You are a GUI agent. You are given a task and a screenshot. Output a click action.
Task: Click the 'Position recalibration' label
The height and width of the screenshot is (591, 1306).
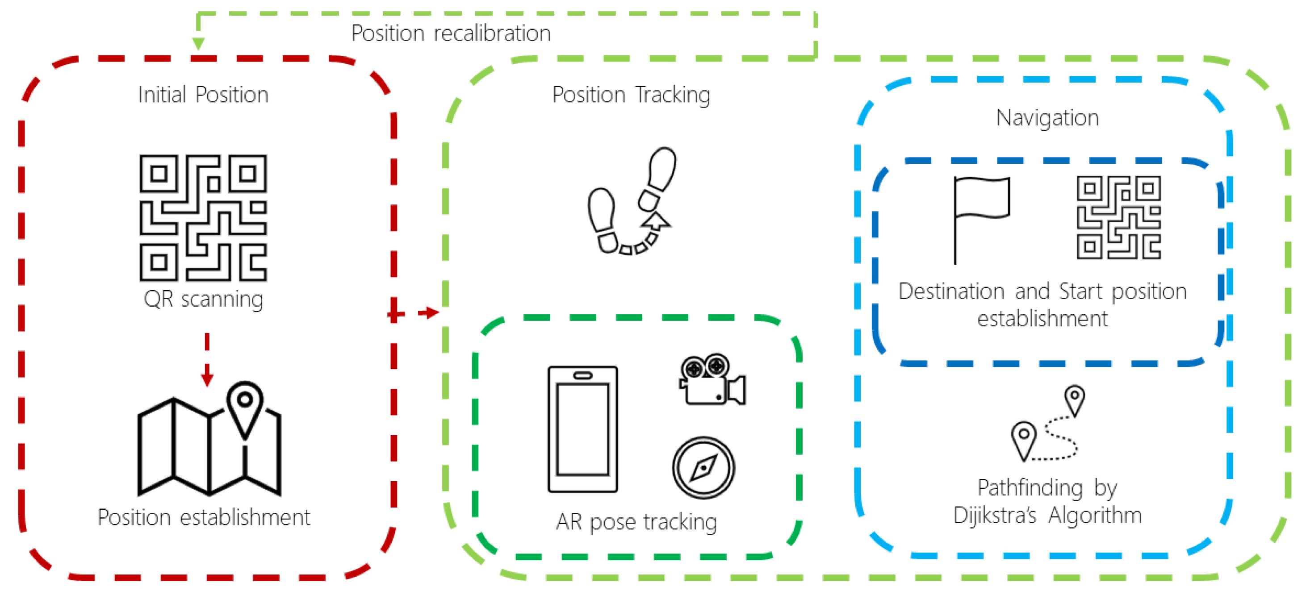coord(451,33)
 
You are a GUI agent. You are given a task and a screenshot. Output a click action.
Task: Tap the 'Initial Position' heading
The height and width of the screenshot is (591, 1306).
coord(203,95)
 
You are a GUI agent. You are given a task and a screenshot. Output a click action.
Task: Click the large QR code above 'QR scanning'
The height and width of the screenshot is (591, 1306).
coord(203,218)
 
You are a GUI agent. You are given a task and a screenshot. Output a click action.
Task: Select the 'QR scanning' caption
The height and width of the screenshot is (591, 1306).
coord(203,299)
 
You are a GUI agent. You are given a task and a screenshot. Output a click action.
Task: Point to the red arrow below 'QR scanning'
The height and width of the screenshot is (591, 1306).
coord(207,360)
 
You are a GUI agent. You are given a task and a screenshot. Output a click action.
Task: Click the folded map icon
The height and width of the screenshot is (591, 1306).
coord(209,446)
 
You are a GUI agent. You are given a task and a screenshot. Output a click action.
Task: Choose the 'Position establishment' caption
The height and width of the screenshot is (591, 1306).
coord(204,517)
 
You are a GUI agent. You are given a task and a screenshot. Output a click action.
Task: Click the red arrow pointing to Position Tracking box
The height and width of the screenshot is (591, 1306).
coord(428,313)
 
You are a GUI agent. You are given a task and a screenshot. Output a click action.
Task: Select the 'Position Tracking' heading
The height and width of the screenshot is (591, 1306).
coord(631,95)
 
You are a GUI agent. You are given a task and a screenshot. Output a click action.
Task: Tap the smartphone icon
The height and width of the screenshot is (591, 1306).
coord(582,429)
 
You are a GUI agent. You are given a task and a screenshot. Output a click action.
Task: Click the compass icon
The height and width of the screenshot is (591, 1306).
coord(703,468)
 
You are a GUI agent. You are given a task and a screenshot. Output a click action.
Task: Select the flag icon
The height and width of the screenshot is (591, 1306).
coord(980,218)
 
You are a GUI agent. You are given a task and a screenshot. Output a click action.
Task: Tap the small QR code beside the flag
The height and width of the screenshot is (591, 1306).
coord(1118,217)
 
